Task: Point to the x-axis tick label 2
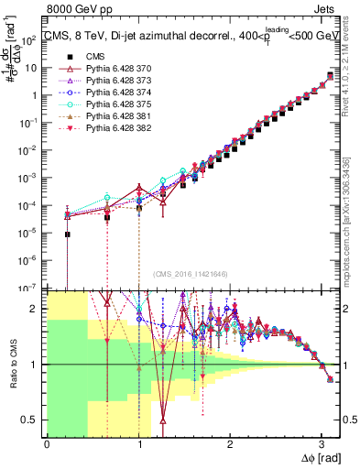coord(230,443)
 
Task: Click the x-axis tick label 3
coord(322,443)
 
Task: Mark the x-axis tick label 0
coord(47,443)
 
